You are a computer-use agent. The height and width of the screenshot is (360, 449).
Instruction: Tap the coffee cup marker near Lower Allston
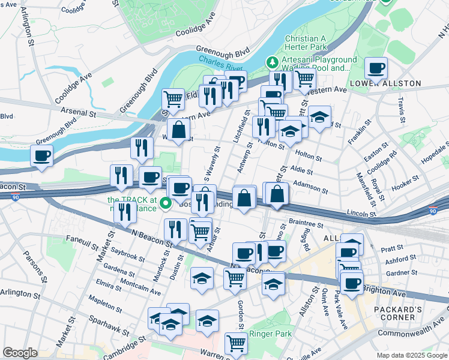[376, 68]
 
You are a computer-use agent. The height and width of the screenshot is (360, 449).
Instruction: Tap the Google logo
[20, 353]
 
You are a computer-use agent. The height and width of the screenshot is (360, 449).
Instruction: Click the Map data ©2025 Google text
[411, 355]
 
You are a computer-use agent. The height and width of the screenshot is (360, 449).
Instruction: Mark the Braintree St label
[306, 222]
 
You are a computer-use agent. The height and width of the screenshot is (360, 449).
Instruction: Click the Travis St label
[400, 108]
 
